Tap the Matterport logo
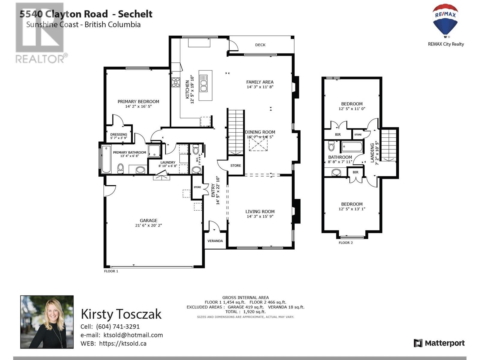point(439,343)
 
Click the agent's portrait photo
point(47,322)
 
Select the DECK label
point(260,45)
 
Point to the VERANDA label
point(215,241)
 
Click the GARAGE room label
point(148,220)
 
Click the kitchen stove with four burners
point(176,82)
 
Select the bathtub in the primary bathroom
point(106,159)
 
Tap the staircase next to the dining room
point(236,132)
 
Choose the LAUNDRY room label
point(168,162)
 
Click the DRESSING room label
point(119,135)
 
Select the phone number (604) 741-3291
point(118,327)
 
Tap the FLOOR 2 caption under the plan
point(346,243)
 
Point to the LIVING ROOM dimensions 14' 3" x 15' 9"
point(260,216)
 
